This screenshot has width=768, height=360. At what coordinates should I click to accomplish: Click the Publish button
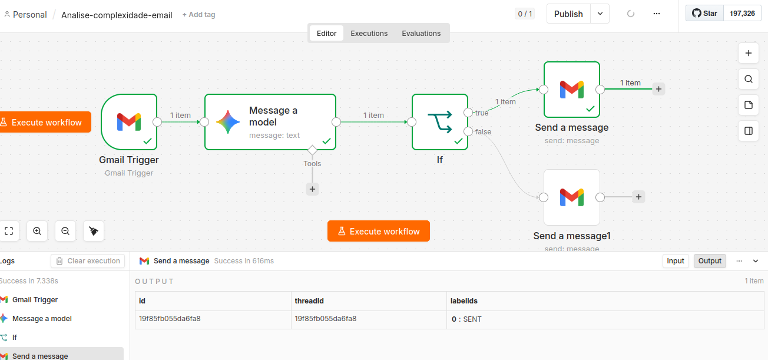[x=568, y=14]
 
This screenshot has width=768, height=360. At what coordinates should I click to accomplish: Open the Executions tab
[x=369, y=33]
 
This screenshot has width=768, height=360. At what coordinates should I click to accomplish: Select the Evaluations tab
[x=421, y=33]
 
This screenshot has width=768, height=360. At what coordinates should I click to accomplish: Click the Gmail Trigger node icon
[x=129, y=122]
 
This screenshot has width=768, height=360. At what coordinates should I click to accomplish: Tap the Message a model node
[x=270, y=122]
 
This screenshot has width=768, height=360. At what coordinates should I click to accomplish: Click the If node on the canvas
[x=440, y=122]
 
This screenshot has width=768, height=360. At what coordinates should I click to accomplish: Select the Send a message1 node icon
[x=571, y=197]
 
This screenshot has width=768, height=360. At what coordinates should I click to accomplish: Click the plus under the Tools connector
[x=312, y=189]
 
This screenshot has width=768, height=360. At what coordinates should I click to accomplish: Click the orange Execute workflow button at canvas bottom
[x=379, y=231]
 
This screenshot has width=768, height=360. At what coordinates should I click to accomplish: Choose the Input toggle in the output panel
[x=676, y=261]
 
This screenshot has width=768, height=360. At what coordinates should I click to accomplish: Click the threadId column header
[x=309, y=300]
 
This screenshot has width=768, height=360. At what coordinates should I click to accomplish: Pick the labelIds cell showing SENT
[x=466, y=319]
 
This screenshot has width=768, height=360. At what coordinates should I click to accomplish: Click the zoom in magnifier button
[x=37, y=231]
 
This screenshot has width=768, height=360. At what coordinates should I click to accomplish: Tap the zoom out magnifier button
[x=65, y=231]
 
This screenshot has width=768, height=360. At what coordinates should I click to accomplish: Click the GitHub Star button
[x=704, y=14]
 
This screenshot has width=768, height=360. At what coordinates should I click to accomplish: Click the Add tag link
[x=199, y=15]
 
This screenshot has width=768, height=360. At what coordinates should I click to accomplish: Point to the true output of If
[x=468, y=113]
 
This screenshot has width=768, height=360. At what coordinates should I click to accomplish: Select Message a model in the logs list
[x=42, y=319]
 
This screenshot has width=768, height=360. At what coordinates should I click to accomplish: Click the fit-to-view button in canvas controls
[x=9, y=231]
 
